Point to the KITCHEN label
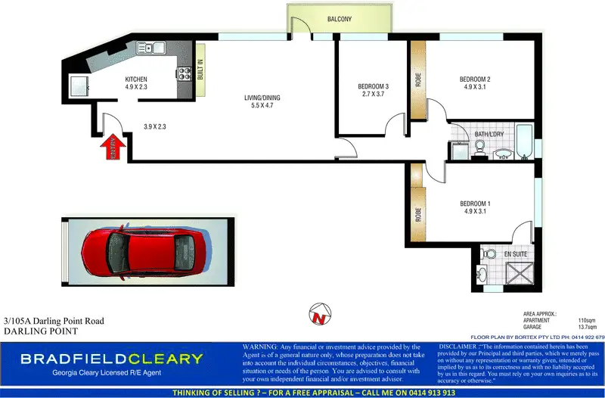[x=136, y=79]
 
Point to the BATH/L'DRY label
[x=489, y=135]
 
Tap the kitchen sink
[x=150, y=48]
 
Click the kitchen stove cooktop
[x=183, y=74]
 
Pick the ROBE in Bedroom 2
[x=418, y=79]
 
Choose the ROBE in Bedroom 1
[x=418, y=214]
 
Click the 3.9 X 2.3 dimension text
[x=154, y=126]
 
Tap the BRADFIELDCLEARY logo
[x=112, y=359]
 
